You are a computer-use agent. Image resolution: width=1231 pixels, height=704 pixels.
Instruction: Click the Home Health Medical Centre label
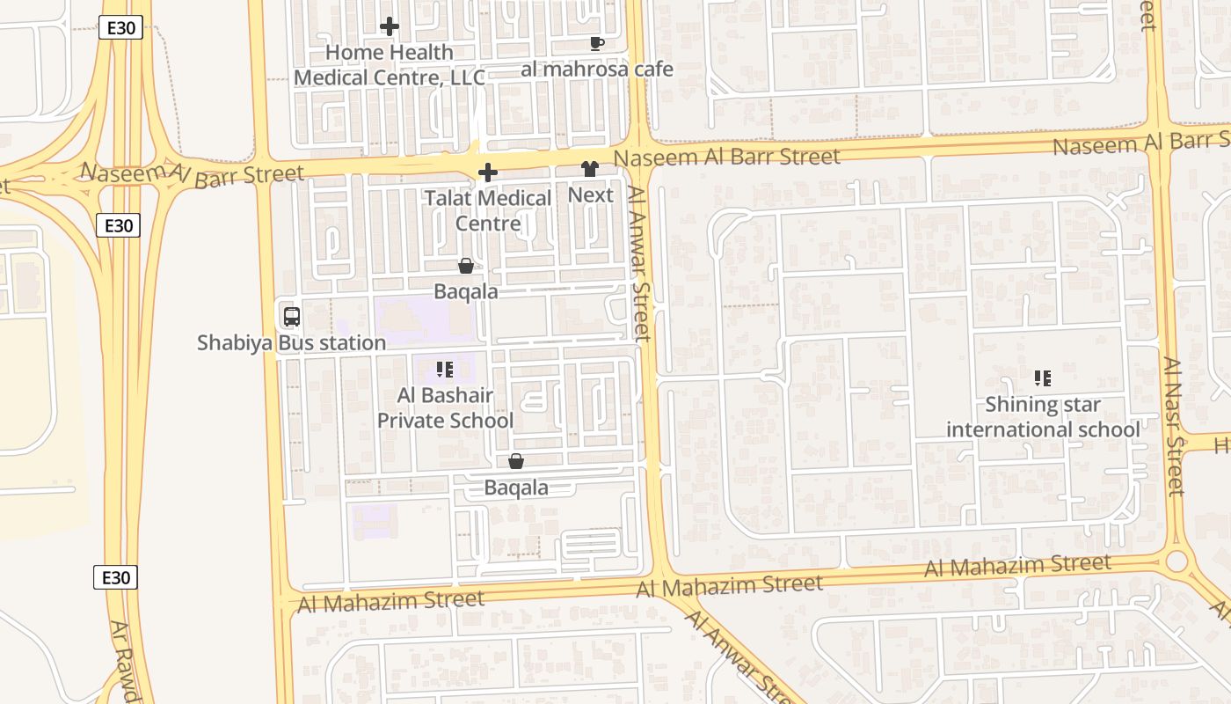(389, 65)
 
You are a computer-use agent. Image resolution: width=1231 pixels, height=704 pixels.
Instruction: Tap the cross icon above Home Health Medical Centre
(390, 27)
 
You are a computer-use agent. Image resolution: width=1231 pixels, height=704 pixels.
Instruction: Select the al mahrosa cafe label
(597, 70)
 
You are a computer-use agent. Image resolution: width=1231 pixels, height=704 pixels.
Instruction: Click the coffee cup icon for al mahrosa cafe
(597, 43)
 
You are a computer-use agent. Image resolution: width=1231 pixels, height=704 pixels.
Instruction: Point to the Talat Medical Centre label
(488, 210)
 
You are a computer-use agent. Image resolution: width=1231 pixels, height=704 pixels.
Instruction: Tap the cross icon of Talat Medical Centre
(488, 172)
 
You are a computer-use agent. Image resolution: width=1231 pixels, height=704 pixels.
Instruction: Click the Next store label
(590, 194)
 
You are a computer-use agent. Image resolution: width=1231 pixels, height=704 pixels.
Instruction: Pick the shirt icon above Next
(589, 169)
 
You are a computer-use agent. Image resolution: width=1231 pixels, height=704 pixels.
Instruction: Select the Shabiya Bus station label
(291, 342)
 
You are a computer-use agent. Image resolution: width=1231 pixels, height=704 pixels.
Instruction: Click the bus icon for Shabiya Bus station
(291, 317)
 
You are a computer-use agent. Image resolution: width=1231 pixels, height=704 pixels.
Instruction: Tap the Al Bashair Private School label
(445, 408)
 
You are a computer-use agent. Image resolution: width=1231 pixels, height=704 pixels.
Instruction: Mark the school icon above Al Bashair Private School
(445, 370)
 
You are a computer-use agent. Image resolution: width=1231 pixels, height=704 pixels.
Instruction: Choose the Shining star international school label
(1043, 417)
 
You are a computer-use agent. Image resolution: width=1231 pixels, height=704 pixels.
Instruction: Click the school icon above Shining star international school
(1043, 378)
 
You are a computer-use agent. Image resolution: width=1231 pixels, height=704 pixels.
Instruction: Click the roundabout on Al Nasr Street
(1176, 561)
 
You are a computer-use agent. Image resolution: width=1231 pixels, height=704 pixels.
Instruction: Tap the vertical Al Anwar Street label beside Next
(640, 264)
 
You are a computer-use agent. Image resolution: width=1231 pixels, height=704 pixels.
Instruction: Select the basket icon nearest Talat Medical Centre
(466, 266)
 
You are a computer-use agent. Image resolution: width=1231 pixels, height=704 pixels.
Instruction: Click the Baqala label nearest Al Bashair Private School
(516, 488)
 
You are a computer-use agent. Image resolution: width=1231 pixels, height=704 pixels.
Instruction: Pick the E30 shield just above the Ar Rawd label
(115, 578)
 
